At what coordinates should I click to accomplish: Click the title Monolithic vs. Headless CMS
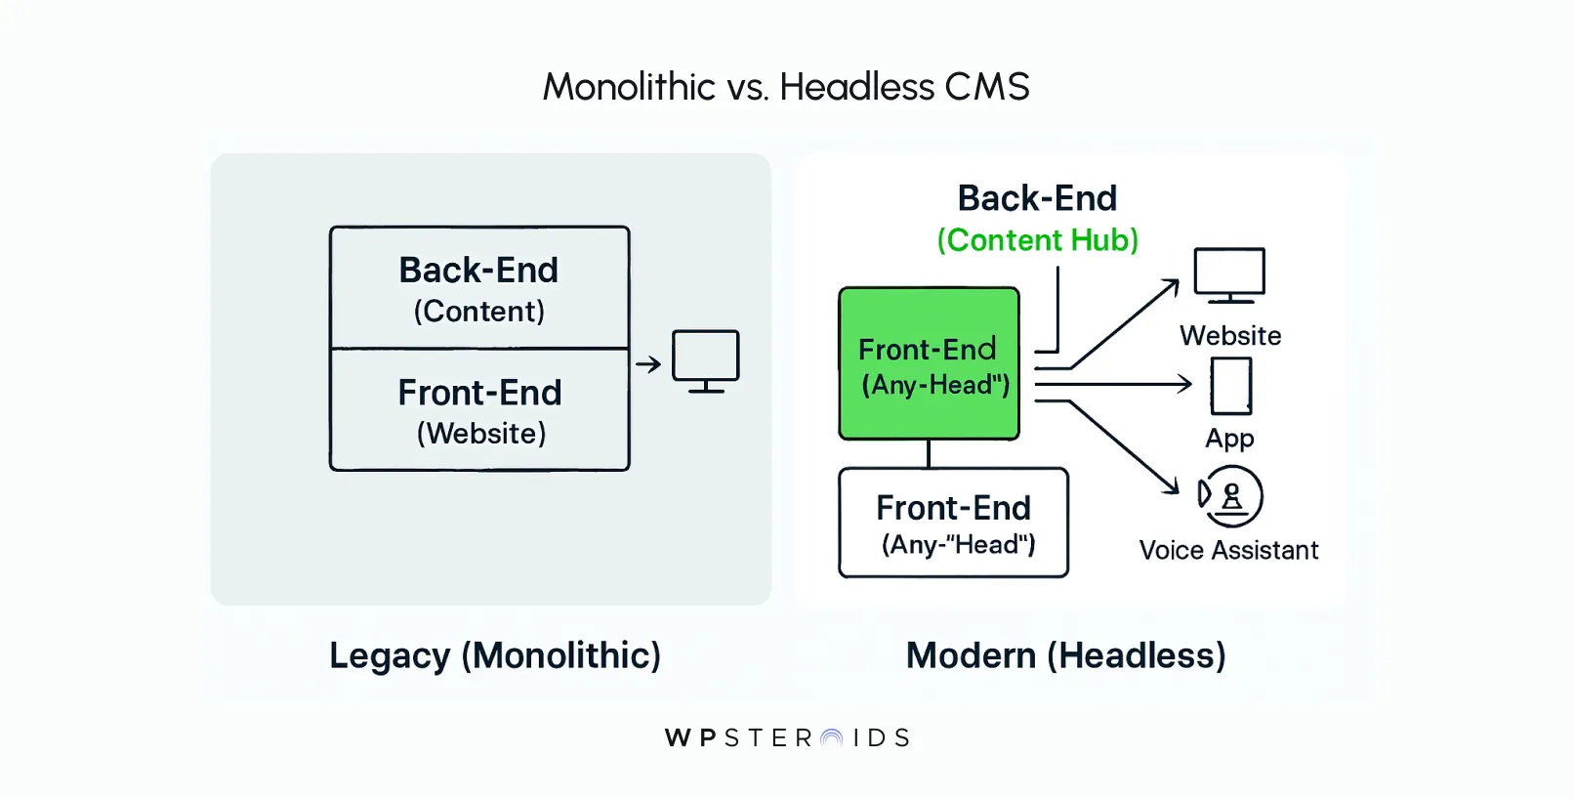(786, 87)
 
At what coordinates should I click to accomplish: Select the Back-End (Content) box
(479, 287)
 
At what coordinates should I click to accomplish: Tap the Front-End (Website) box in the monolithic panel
(479, 410)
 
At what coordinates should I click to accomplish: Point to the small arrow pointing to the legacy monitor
(648, 364)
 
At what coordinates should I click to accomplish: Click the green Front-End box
(929, 363)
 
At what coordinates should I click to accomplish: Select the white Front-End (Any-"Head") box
(954, 523)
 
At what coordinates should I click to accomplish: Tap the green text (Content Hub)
(1037, 240)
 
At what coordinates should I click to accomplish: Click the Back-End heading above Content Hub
(1037, 198)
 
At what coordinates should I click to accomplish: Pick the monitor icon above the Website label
(1229, 274)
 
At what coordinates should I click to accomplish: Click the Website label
(1230, 336)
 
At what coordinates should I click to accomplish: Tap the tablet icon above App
(1230, 386)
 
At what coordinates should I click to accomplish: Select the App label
(1229, 438)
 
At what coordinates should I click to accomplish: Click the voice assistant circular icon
(1231, 496)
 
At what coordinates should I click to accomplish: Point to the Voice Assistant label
(1228, 551)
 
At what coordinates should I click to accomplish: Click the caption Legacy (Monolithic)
(495, 655)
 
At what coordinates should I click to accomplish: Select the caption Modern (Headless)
(1065, 655)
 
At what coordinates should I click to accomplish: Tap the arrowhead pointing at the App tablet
(1184, 384)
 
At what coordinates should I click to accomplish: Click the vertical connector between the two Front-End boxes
(929, 454)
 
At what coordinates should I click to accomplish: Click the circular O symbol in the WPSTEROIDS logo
(832, 738)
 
